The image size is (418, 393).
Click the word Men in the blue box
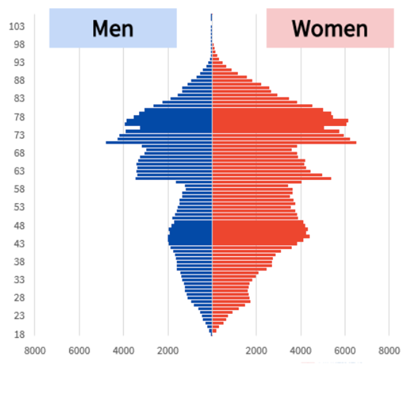113,29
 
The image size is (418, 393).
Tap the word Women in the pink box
329,29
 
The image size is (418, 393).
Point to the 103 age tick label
17,27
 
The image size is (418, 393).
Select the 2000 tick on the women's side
256,351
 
